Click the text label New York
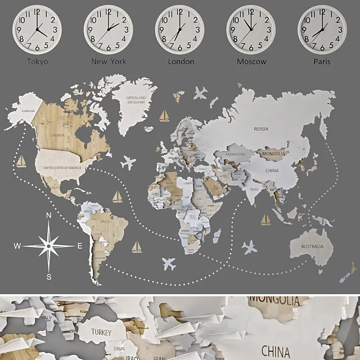pyautogui.click(x=109, y=61)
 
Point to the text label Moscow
pyautogui.click(x=251, y=61)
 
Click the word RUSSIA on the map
pyautogui.click(x=261, y=129)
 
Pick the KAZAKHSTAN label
pyautogui.click(x=235, y=154)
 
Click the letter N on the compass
pyautogui.click(x=49, y=215)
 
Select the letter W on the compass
pyautogui.click(x=17, y=246)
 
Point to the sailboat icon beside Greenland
pyautogui.click(x=164, y=116)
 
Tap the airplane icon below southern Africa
pyautogui.click(x=169, y=263)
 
